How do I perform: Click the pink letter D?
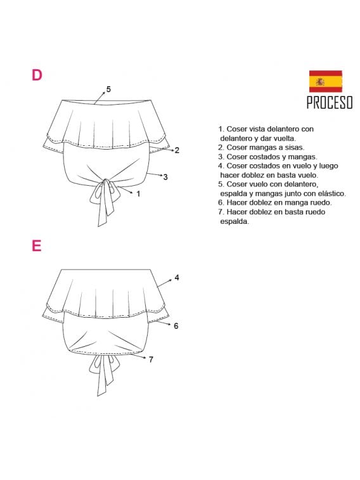click(x=37, y=75)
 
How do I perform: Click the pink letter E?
click(x=37, y=245)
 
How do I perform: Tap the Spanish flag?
click(x=325, y=81)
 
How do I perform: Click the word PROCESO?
click(x=329, y=103)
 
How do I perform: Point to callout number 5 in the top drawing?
click(x=108, y=89)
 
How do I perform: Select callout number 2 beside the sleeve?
click(x=177, y=150)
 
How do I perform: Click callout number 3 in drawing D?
click(x=165, y=177)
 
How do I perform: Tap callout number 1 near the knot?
click(x=138, y=193)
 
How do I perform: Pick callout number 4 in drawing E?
click(x=177, y=277)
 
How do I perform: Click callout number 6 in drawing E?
click(x=176, y=325)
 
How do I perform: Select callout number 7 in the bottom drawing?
click(x=151, y=360)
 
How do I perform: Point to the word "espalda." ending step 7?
click(x=235, y=222)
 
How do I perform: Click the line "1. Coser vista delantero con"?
click(x=266, y=129)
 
